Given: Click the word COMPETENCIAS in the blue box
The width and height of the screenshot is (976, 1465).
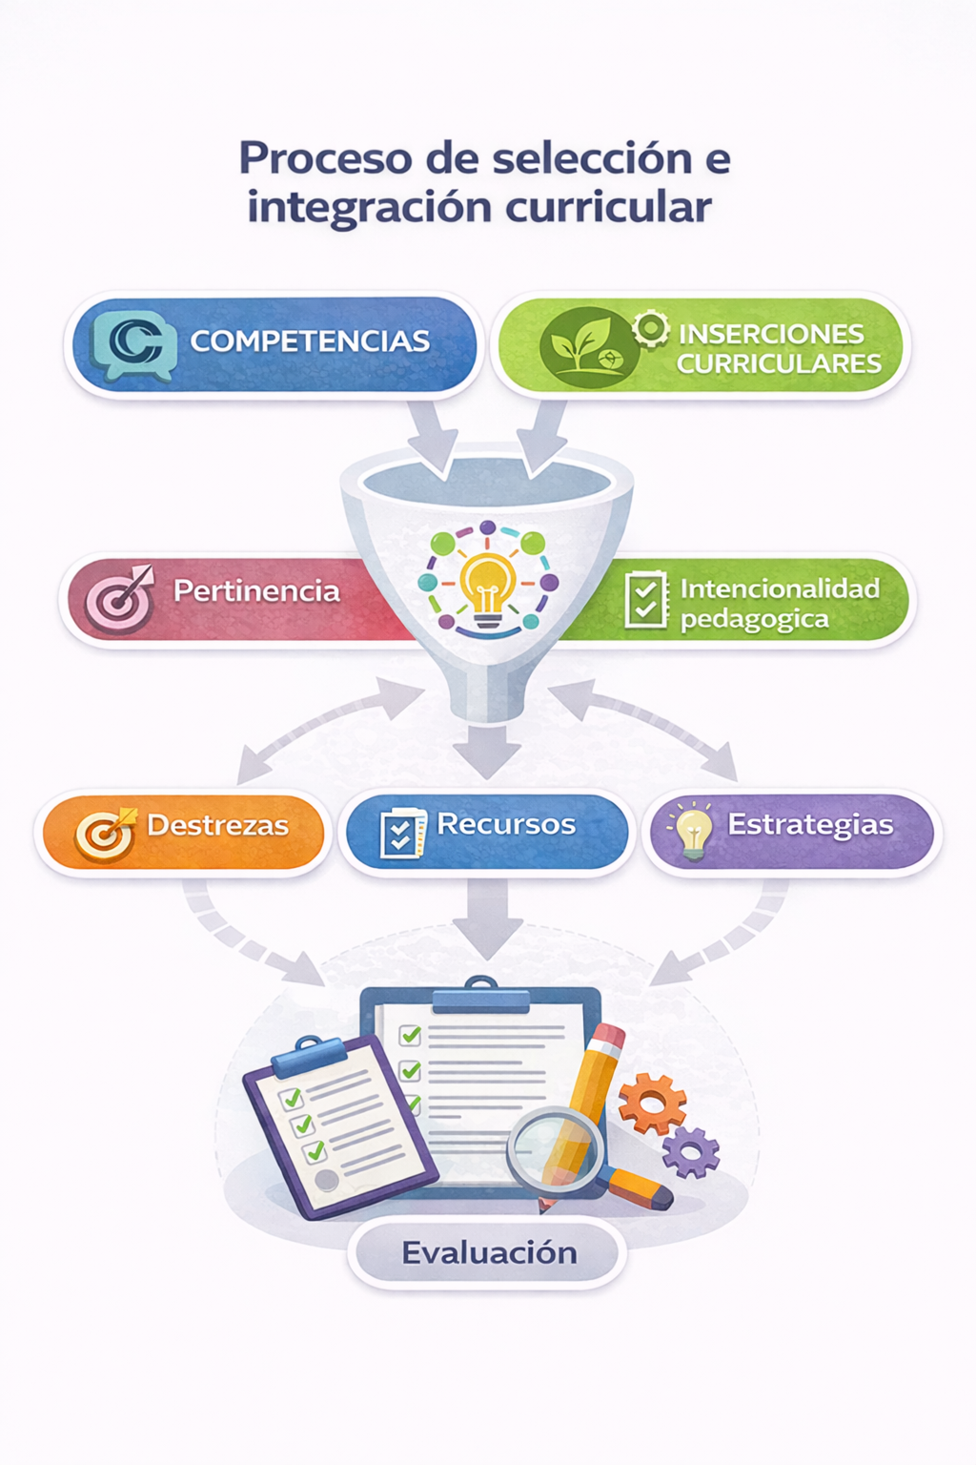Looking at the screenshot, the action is [x=310, y=340].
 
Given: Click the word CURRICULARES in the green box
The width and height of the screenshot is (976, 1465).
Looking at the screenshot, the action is [x=779, y=363].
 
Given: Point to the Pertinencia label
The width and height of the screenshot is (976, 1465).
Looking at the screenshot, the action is [x=256, y=591].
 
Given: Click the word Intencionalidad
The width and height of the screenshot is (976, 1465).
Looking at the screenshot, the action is [x=780, y=588].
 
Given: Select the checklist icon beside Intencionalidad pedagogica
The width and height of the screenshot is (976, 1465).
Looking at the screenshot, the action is [x=646, y=600].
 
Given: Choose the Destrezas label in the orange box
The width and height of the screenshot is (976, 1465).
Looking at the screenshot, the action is [x=217, y=825].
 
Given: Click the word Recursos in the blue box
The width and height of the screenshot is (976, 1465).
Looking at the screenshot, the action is [x=506, y=824].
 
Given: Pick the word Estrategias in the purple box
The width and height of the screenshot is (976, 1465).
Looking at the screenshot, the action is [x=810, y=825].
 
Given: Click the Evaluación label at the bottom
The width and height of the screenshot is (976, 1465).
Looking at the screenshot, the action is [x=489, y=1252].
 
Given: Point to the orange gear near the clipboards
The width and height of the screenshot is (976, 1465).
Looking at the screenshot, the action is [x=652, y=1104].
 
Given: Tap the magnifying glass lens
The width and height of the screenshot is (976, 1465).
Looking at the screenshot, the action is [x=555, y=1150].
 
